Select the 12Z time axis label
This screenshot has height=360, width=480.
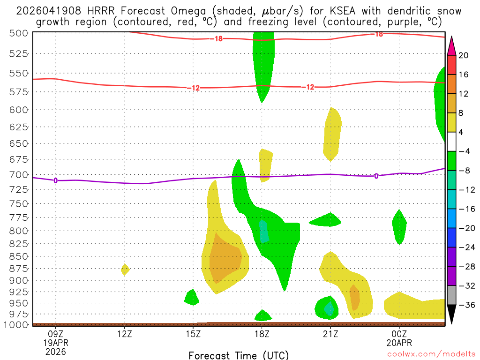124,334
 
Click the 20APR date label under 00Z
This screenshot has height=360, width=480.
399,343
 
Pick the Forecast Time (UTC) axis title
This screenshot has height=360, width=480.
239,355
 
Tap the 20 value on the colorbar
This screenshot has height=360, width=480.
464,55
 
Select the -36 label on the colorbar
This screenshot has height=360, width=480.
465,305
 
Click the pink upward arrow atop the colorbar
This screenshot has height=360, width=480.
452,45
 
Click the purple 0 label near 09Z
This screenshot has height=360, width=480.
56,180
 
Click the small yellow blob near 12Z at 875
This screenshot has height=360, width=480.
125,269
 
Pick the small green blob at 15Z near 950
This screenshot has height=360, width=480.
192,297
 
